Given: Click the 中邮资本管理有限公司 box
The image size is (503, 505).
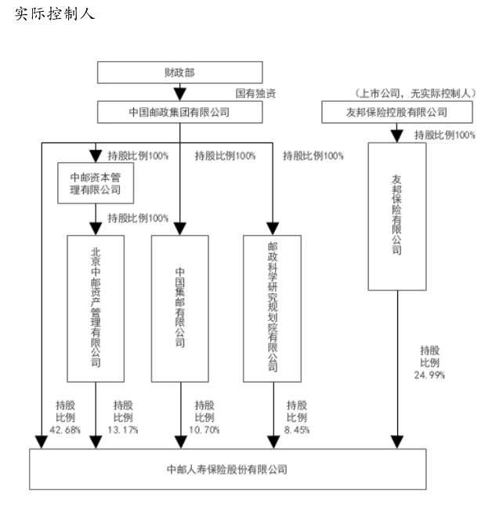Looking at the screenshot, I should coord(95,182).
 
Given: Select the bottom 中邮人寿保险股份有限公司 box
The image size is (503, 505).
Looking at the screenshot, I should coord(227,470).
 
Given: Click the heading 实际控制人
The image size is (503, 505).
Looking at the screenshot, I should coord(55,15).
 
